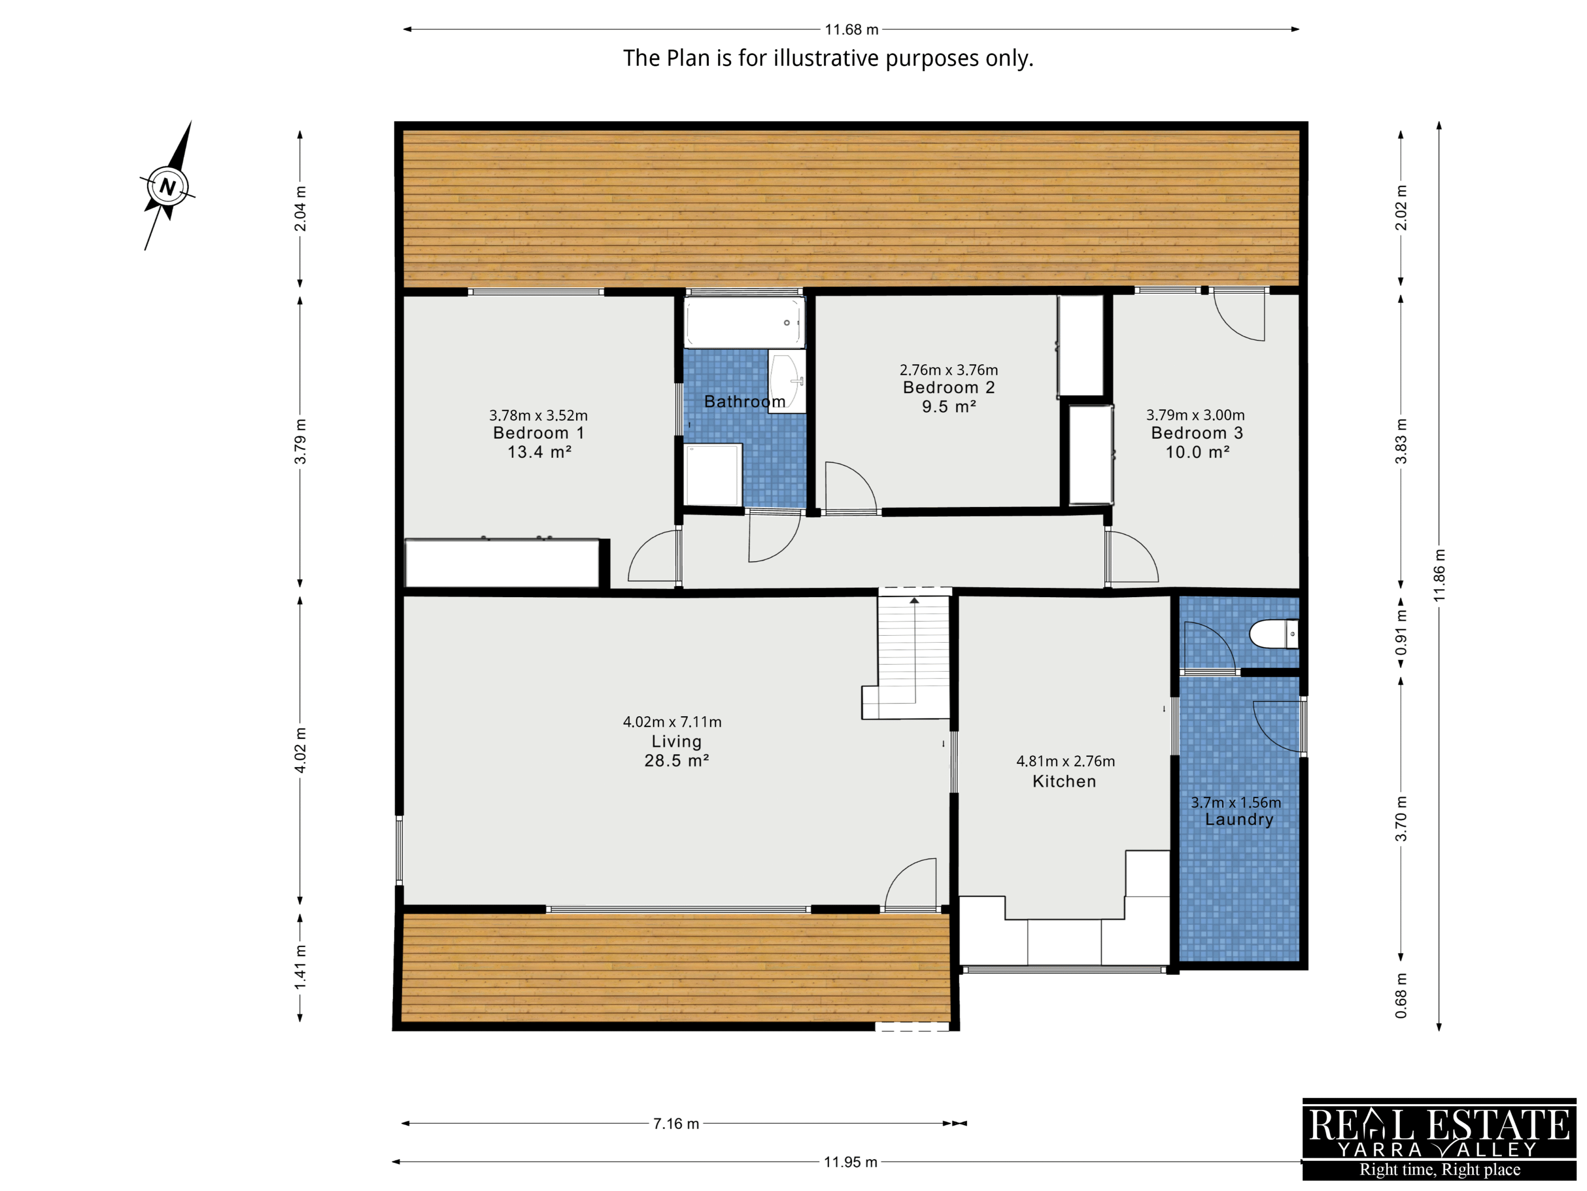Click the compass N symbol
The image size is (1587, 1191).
point(168,187)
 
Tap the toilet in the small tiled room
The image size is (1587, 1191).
point(1273,634)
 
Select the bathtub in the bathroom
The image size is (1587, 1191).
point(744,323)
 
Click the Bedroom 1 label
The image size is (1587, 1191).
point(539,433)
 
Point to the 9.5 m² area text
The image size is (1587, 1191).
point(948,407)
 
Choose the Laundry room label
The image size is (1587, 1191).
point(1239,819)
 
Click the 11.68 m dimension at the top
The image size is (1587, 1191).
point(852,30)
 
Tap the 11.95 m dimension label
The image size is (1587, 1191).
point(850,1161)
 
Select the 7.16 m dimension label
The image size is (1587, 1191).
point(676,1124)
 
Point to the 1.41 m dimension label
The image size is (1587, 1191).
point(300,967)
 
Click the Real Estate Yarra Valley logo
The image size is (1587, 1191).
point(1439,1139)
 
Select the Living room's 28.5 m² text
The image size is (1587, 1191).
point(677,760)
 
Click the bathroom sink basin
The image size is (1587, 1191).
point(786,381)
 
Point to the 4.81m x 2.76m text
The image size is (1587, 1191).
point(1065,761)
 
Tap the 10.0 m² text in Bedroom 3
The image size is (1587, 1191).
point(1198,452)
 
